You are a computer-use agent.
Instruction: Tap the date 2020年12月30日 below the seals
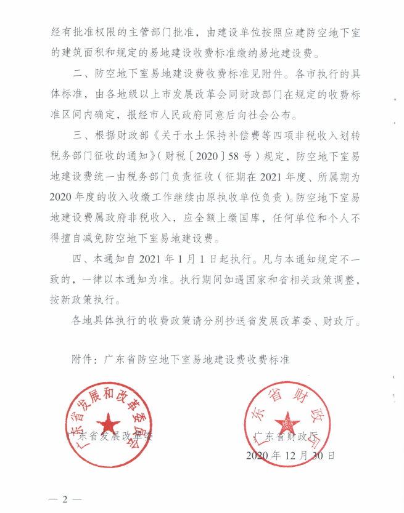[x=290, y=456]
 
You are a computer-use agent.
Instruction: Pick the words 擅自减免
[x=81, y=238]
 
